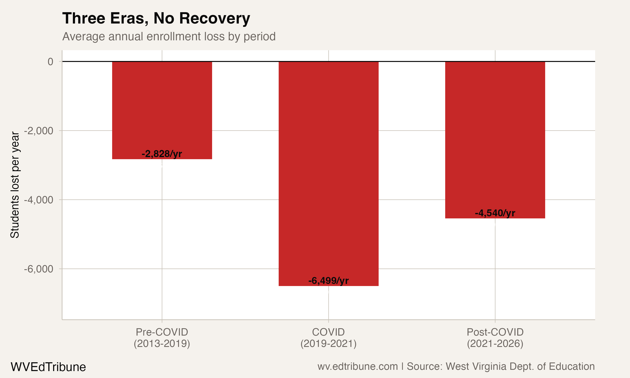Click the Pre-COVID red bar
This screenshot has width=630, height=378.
click(162, 107)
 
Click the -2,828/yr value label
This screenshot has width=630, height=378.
click(162, 154)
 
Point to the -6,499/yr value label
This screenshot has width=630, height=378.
click(328, 281)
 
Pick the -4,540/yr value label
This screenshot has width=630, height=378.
click(495, 213)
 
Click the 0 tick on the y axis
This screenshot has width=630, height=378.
click(50, 62)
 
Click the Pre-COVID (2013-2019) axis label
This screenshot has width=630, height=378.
click(162, 338)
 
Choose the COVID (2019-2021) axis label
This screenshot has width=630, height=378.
click(328, 338)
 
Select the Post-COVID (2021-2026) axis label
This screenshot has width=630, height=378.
click(495, 338)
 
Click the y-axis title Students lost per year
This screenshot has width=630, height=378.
click(15, 185)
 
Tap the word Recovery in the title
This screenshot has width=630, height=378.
click(215, 18)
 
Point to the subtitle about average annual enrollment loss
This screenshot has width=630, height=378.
click(169, 36)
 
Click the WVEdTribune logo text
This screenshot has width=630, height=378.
click(48, 367)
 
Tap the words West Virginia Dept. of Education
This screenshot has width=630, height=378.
click(520, 366)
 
